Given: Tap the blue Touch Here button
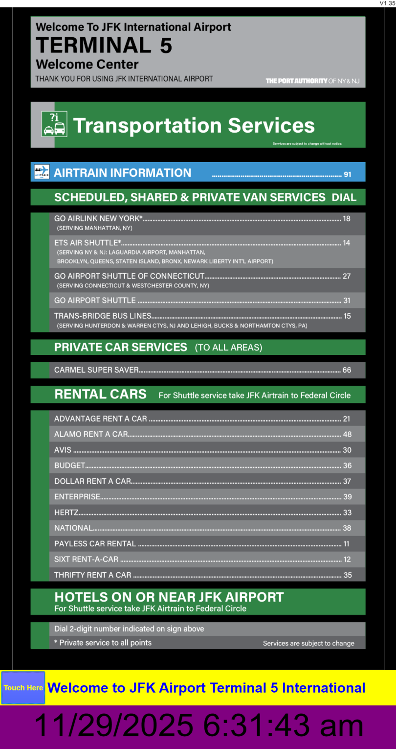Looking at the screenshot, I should (23, 688).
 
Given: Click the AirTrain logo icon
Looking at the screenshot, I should (42, 172).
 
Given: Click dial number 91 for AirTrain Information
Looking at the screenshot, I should (348, 174).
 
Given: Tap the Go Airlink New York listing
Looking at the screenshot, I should (98, 219).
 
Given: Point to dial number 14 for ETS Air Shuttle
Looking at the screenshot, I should (347, 243).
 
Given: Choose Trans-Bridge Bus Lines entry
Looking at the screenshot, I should (103, 316).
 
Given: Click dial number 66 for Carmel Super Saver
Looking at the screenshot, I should (347, 370).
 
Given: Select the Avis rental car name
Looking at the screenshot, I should (63, 450).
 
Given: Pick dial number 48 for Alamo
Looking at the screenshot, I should (347, 434).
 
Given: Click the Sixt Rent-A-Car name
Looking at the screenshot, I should (86, 560).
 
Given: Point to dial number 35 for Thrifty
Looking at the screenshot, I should (348, 575).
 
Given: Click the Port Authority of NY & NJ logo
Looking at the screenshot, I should (312, 81).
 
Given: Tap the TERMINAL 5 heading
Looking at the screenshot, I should (104, 46).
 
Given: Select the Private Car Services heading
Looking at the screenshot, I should (121, 347).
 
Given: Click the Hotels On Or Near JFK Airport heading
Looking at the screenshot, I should (169, 597).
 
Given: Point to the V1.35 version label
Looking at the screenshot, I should (387, 3).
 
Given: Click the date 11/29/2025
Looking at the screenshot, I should (114, 726).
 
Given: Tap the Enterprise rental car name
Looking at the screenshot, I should (77, 497).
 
